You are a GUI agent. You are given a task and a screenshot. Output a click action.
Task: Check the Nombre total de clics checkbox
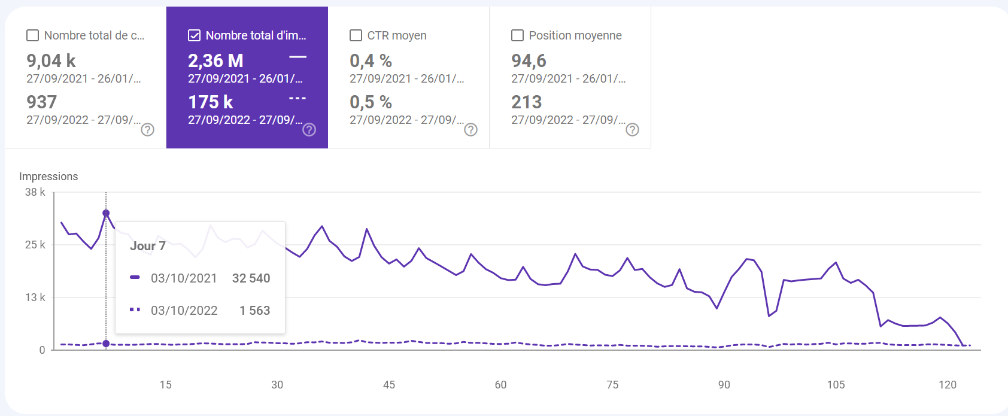pos(33,36)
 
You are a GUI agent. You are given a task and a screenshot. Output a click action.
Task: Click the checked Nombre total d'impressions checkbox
pos(194,36)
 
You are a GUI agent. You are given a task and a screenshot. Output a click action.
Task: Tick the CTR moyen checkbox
pos(356,36)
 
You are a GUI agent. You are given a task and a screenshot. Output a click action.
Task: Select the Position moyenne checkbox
pos(517,36)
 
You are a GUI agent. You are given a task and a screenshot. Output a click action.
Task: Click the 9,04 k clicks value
pos(51,61)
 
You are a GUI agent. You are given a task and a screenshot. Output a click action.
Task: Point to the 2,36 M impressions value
pos(215,61)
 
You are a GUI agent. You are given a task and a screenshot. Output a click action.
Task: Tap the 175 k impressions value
pos(210,102)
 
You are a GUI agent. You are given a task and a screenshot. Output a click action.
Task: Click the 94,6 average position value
pos(529,61)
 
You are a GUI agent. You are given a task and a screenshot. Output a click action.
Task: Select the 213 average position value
pos(526,102)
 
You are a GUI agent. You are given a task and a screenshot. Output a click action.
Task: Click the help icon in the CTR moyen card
pos(471,130)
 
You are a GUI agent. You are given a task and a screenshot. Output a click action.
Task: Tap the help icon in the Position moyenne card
pos(633,130)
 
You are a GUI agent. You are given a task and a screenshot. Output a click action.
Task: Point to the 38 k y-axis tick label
pos(35,192)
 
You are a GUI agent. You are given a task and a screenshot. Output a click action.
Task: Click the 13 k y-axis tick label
pos(35,297)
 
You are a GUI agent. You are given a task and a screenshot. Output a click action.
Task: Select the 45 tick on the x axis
pos(389,385)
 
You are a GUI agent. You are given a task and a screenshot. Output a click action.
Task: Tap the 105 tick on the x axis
pos(836,385)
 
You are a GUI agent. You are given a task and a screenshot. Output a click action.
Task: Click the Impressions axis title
pos(48,177)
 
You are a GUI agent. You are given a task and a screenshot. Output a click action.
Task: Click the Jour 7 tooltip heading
pos(148,246)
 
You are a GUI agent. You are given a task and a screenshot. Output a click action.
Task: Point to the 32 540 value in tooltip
pos(251,278)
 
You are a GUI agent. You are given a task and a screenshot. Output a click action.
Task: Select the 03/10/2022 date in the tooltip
pos(184,311)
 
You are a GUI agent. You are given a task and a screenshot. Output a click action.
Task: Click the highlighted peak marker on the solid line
pos(106,213)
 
